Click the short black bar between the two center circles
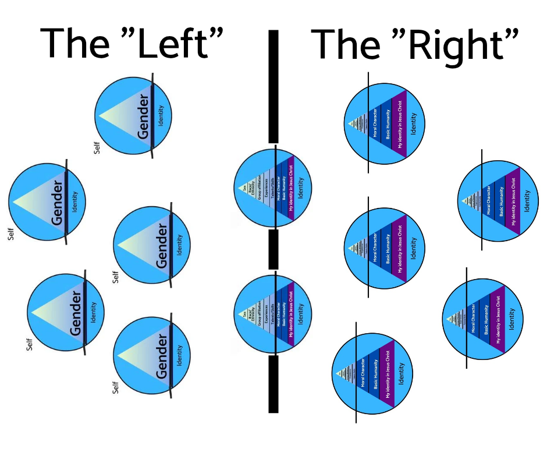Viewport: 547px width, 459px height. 273,249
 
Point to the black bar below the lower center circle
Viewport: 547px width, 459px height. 273,384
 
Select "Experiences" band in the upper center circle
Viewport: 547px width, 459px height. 266,188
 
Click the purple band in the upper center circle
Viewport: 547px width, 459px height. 291,188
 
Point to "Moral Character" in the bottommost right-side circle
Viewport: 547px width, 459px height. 363,374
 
